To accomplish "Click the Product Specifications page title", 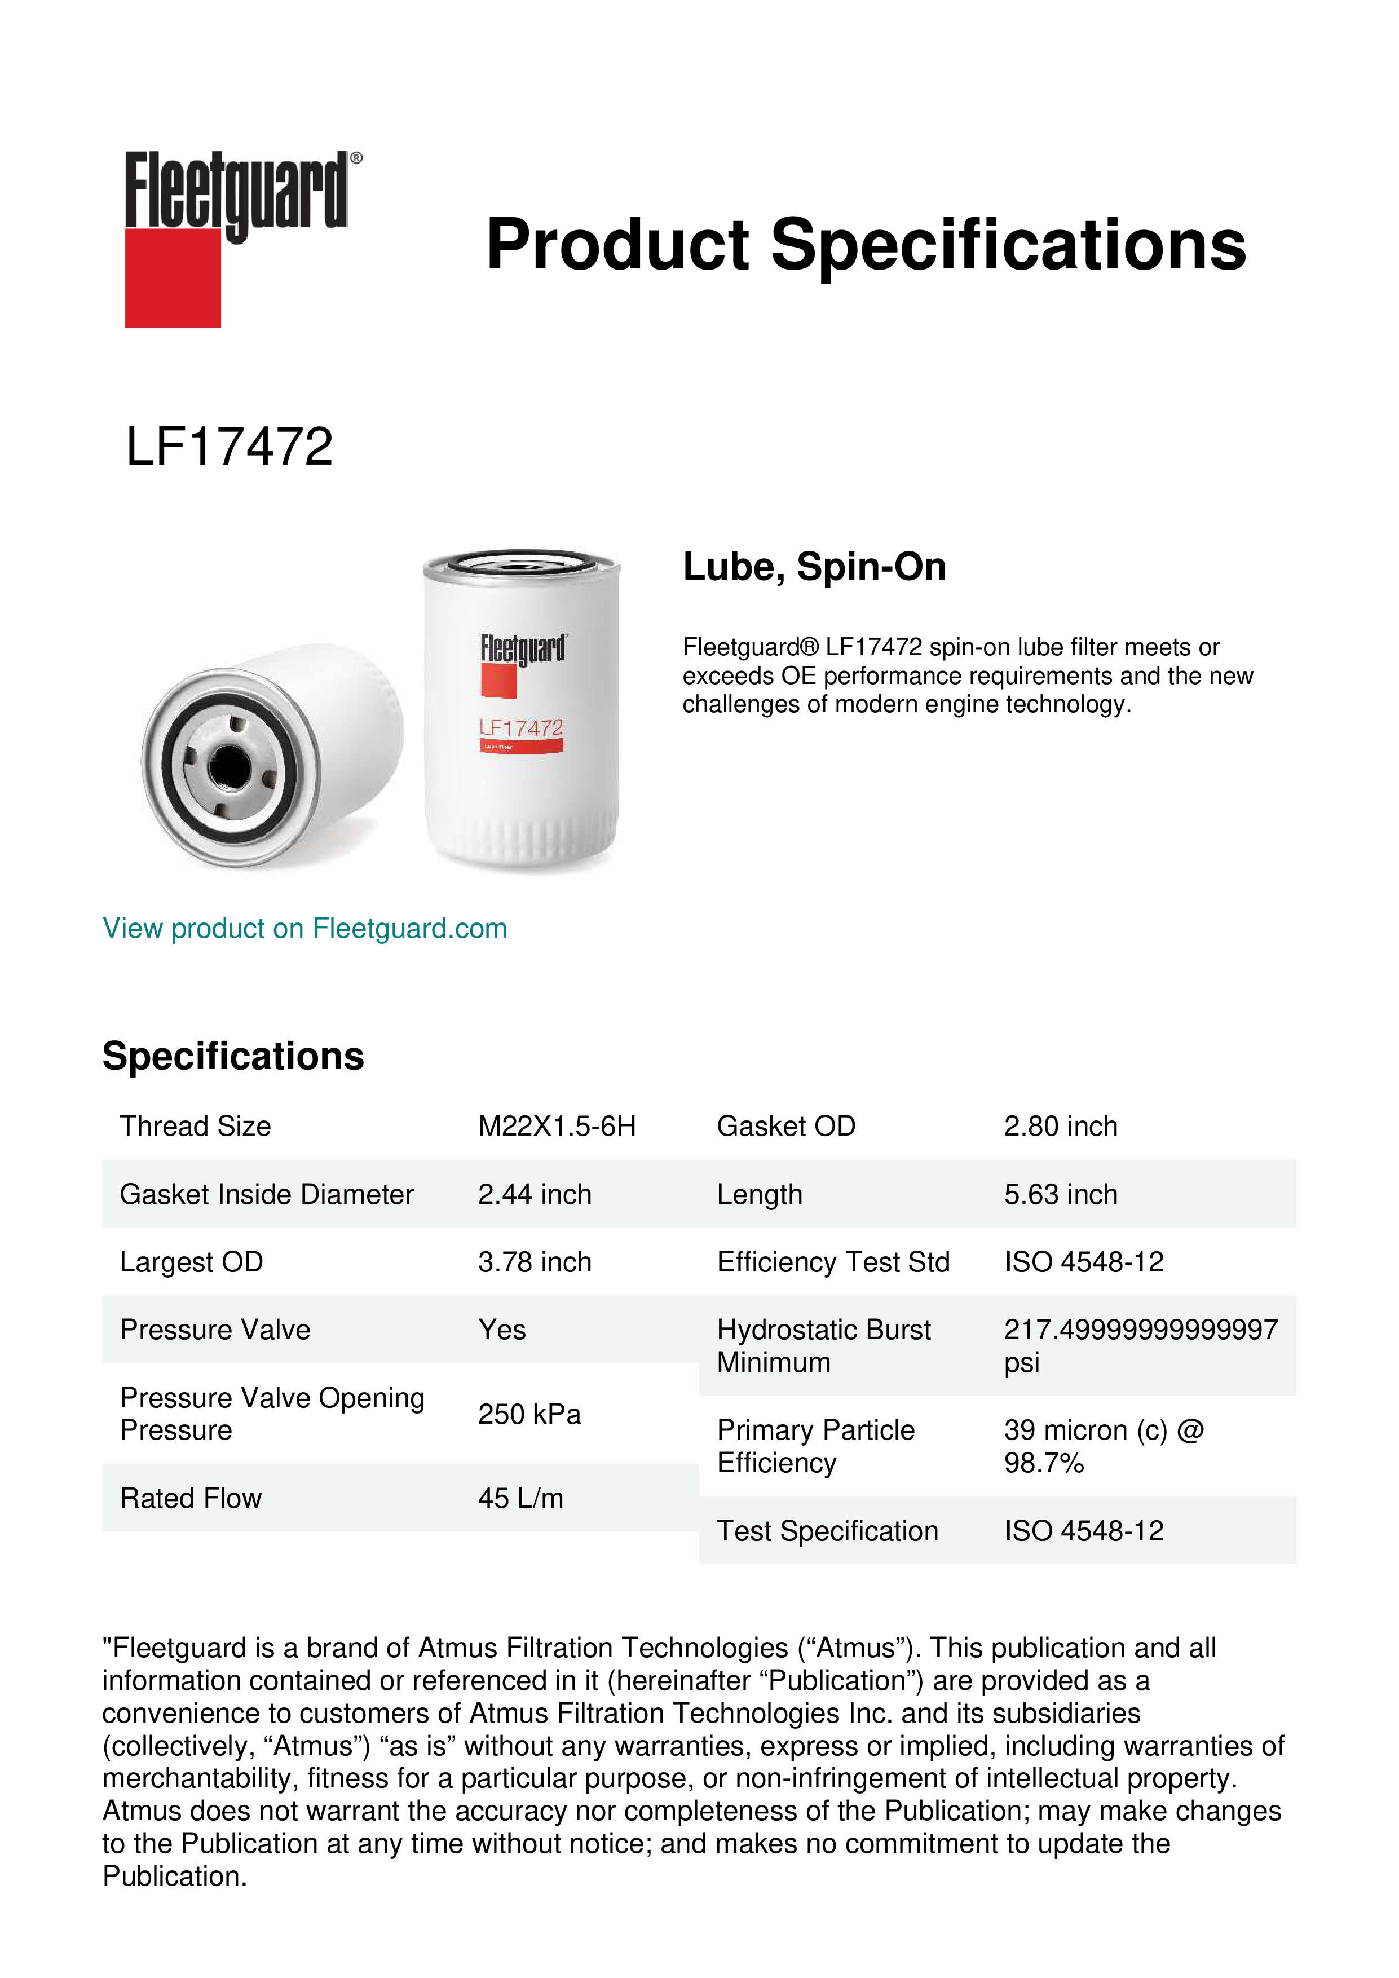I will [865, 245].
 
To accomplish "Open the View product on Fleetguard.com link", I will [304, 928].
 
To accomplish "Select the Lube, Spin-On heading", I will [814, 567].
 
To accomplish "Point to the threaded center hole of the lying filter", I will [229, 766].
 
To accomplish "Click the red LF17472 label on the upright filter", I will [521, 729].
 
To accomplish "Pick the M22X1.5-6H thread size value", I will [557, 1126].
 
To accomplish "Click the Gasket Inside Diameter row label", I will [266, 1194].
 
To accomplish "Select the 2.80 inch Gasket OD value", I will [1061, 1126].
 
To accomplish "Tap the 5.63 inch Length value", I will [1061, 1194].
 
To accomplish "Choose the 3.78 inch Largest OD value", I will [534, 1262].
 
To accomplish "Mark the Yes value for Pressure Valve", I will [501, 1330].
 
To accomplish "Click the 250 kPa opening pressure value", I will [529, 1414].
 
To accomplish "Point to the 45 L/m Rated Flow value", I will [520, 1498].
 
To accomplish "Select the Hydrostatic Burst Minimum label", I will [823, 1346].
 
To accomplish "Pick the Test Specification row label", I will [827, 1531].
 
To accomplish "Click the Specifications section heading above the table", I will [232, 1056].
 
